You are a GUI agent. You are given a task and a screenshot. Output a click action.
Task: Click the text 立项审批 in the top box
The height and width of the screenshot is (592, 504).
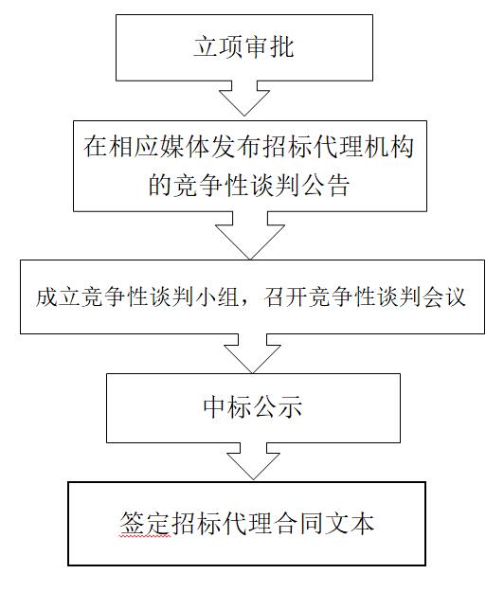click(243, 47)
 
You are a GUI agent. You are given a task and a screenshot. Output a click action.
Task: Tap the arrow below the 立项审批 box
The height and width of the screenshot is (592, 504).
click(244, 99)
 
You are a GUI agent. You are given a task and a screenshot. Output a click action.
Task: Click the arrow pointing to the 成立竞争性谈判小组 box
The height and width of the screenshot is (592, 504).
click(250, 236)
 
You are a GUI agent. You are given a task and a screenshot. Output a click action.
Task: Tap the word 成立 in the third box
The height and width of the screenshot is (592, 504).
click(59, 296)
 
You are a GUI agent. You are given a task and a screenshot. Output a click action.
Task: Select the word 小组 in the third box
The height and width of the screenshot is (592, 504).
click(218, 296)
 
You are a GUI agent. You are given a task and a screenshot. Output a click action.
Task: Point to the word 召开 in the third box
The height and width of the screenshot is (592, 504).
click(285, 296)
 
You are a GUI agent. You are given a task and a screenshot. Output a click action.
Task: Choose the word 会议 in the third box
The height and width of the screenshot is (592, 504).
click(444, 296)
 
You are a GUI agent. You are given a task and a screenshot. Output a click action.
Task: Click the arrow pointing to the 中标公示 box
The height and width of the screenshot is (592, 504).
click(253, 353)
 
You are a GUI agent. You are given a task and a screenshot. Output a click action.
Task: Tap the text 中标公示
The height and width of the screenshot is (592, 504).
click(253, 407)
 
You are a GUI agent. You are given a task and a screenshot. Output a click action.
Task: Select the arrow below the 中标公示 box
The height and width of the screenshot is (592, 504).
click(253, 461)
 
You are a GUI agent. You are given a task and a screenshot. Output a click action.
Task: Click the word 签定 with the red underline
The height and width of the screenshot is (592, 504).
click(145, 523)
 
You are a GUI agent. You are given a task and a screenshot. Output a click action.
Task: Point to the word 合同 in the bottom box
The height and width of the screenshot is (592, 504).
click(297, 523)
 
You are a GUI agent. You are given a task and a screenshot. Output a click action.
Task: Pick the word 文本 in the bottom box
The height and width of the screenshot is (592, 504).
click(350, 523)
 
